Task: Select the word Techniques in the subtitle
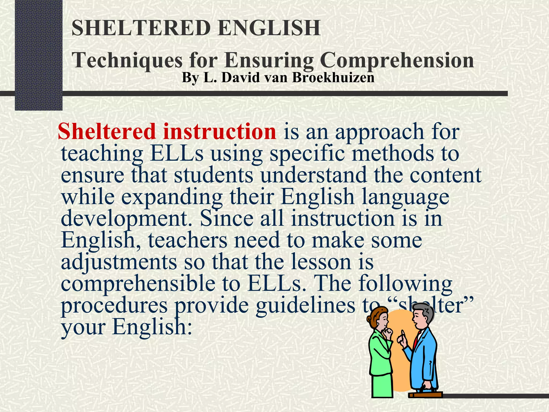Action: click(127, 61)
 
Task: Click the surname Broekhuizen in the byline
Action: click(333, 78)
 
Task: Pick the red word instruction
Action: click(220, 131)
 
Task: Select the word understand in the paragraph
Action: click(313, 175)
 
